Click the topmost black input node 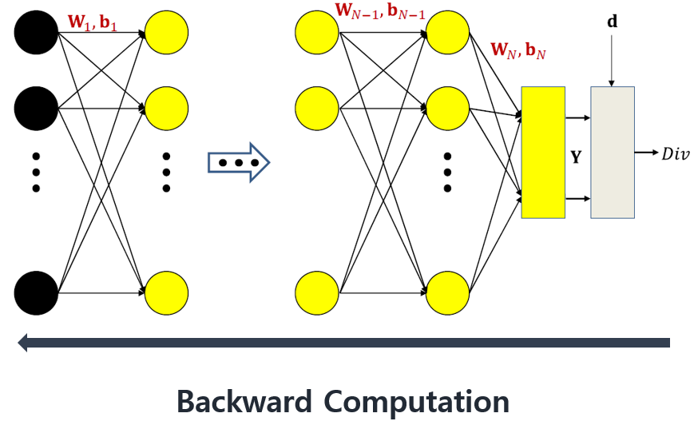[x=35, y=33]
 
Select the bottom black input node [x=35, y=293]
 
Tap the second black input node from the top [x=35, y=108]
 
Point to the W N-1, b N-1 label [x=380, y=13]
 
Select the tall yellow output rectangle [x=543, y=153]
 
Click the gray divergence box [x=613, y=153]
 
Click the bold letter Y [x=576, y=158]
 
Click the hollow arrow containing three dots [x=238, y=163]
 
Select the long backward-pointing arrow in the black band [x=343, y=343]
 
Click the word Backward [x=244, y=401]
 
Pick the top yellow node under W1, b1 [x=166, y=33]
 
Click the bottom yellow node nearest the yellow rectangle [x=448, y=293]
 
